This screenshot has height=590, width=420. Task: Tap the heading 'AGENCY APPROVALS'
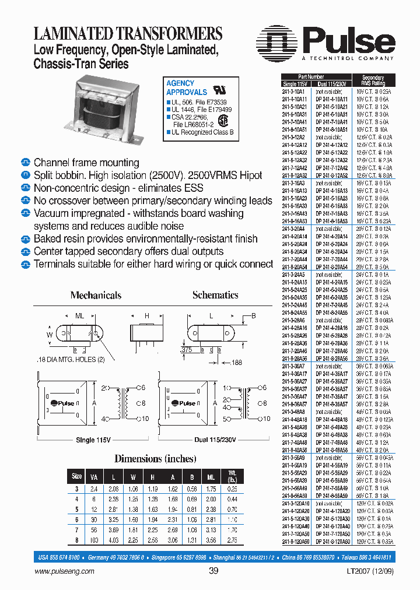pos(186,88)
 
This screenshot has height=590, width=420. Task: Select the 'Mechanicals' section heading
pos(96,295)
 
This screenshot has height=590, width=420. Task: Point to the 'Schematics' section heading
pos(215,295)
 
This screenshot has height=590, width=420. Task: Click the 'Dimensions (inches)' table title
pos(155,458)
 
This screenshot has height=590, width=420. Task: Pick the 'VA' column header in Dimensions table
pos(94,476)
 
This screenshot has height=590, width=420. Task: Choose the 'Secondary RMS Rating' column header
pos(373,80)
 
